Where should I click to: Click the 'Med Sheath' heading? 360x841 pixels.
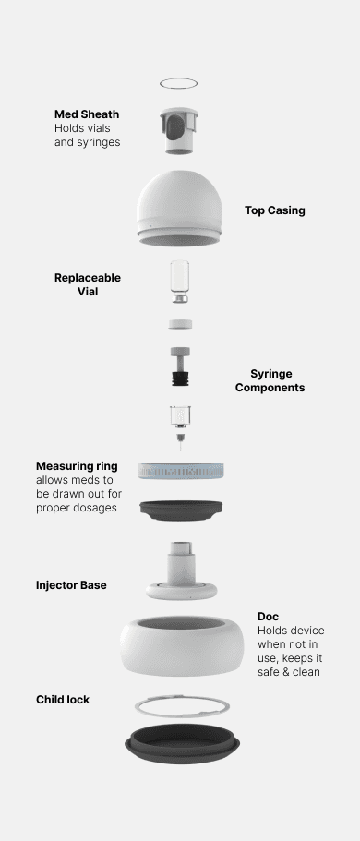click(87, 114)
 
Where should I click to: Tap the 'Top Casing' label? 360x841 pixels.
click(275, 210)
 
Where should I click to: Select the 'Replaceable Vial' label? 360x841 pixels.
click(88, 285)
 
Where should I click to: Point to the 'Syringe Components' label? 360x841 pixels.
click(270, 380)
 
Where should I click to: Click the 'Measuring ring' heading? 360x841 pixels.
click(77, 465)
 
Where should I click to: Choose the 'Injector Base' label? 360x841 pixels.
click(71, 585)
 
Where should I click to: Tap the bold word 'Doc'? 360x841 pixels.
click(269, 617)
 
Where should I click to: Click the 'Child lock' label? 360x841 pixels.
click(63, 700)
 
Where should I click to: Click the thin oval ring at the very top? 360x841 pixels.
click(179, 78)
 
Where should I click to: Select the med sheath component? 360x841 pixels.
click(179, 130)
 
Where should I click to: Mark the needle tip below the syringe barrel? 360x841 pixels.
click(181, 448)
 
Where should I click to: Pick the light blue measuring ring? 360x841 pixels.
click(181, 471)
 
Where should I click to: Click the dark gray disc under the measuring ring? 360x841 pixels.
click(181, 510)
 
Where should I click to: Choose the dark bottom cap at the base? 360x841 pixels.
click(183, 743)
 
